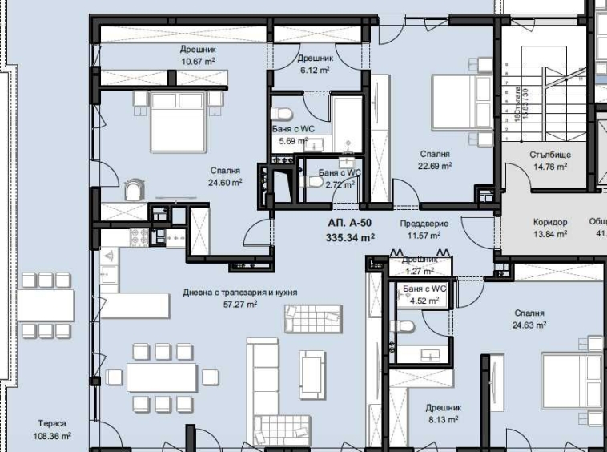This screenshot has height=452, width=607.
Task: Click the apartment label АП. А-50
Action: coord(351,224)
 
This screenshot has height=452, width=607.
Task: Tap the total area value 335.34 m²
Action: coord(351,237)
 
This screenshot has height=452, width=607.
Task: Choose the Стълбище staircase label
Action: coord(549,155)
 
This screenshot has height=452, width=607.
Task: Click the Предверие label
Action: coord(424,224)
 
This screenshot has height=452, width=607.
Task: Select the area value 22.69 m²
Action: coord(435,167)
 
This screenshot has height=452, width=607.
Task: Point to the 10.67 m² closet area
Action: coord(198,61)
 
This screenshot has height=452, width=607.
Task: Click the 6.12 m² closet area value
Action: coord(315,70)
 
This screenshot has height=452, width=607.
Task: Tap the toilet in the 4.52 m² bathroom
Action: coord(405,326)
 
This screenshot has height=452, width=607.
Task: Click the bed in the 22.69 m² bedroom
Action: coord(460,101)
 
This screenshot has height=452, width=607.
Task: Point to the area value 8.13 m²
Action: coord(442,419)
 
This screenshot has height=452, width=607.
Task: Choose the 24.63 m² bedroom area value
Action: coord(529,325)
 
